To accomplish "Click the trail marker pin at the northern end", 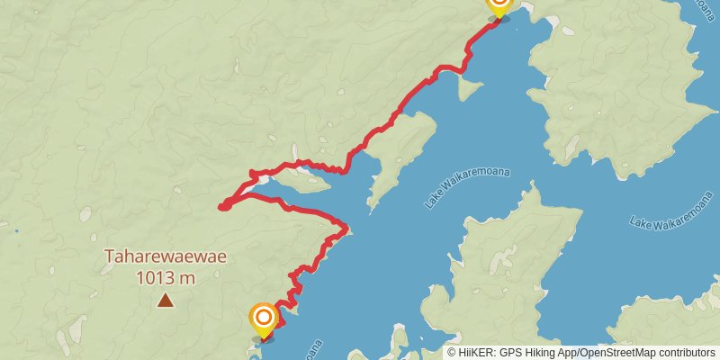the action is pos(498,5).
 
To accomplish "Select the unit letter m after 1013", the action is pos(188,278).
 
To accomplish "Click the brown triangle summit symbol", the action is pos(165,300).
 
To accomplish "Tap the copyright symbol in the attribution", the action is pos(452,353).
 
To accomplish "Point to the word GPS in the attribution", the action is pos(517,353).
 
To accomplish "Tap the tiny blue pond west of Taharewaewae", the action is pos(16,231).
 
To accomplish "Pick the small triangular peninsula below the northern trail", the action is pos(468,86).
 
